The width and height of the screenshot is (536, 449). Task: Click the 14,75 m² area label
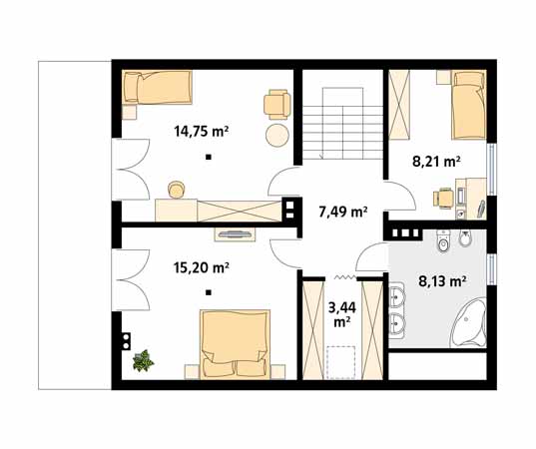(x=201, y=132)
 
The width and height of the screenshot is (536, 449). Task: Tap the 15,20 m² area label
(x=201, y=267)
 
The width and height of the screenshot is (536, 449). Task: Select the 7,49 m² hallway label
(x=343, y=213)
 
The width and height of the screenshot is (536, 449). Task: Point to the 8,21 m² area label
(x=436, y=162)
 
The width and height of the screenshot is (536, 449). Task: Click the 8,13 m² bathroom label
(x=442, y=281)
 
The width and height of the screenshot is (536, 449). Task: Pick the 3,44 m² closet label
(x=342, y=314)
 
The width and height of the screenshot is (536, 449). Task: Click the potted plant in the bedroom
(x=143, y=360)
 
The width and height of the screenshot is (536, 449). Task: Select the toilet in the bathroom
(x=443, y=240)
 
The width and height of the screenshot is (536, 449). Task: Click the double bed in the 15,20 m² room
(x=235, y=344)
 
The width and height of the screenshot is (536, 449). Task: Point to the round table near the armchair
(x=277, y=135)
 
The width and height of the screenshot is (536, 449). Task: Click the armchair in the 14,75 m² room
(x=276, y=105)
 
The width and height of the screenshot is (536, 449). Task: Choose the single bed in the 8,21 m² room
(x=469, y=105)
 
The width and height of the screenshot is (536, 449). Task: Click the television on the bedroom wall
(x=235, y=234)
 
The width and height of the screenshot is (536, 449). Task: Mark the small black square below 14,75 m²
(x=209, y=158)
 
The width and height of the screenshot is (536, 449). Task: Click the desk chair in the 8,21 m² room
(x=443, y=198)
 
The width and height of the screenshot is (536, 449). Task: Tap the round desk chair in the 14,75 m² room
(x=177, y=190)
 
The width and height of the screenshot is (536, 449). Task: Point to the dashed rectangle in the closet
(x=342, y=362)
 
